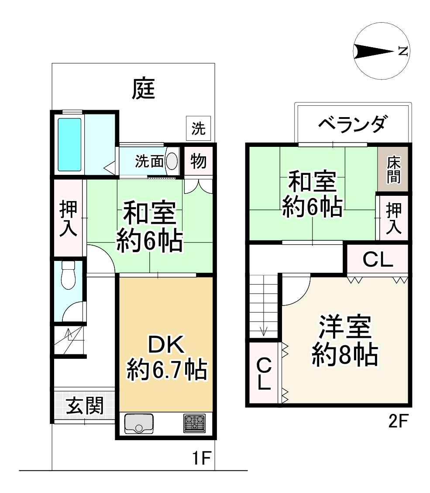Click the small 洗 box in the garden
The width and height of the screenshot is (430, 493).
click(x=199, y=128)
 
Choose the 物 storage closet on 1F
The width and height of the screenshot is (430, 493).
click(x=199, y=161)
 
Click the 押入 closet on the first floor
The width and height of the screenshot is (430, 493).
click(x=69, y=219)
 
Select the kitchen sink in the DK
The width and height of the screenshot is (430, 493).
click(x=139, y=423)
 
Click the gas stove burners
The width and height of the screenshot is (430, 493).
click(x=194, y=423)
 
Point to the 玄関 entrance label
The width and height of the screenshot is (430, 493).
click(x=85, y=406)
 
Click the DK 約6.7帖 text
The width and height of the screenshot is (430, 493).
click(x=166, y=358)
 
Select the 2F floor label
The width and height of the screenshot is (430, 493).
click(x=398, y=422)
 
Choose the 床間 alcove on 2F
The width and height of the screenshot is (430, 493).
click(x=393, y=169)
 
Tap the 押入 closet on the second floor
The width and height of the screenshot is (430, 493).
click(x=393, y=218)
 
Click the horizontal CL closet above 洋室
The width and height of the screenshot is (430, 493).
click(x=378, y=260)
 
